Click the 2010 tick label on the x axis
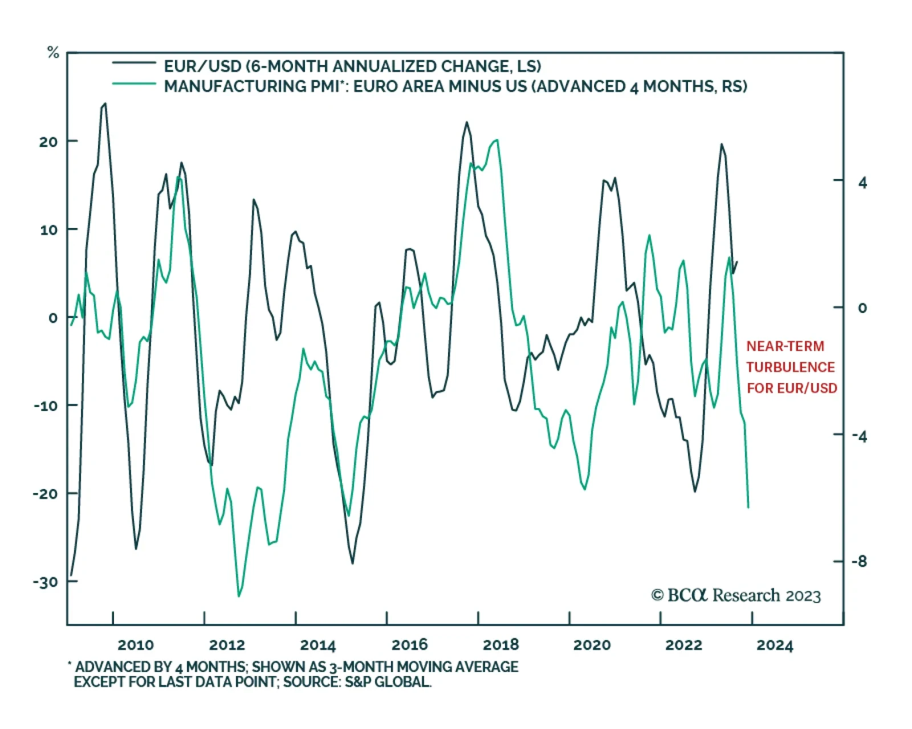135,645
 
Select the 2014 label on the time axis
318,645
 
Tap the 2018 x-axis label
500,645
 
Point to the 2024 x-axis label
775,645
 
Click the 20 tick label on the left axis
48,142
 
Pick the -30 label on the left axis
45,582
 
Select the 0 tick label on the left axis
53,317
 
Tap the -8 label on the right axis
859,561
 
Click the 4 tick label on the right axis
862,182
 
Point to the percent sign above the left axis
53,53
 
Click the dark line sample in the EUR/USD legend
134,63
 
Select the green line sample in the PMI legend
134,84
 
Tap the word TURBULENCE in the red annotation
790,367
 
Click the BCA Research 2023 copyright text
736,596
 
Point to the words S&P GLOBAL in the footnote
388,682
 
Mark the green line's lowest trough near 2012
239,596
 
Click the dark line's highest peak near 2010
105,104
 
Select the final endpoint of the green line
748,507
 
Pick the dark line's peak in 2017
467,122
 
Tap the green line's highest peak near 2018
496,140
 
